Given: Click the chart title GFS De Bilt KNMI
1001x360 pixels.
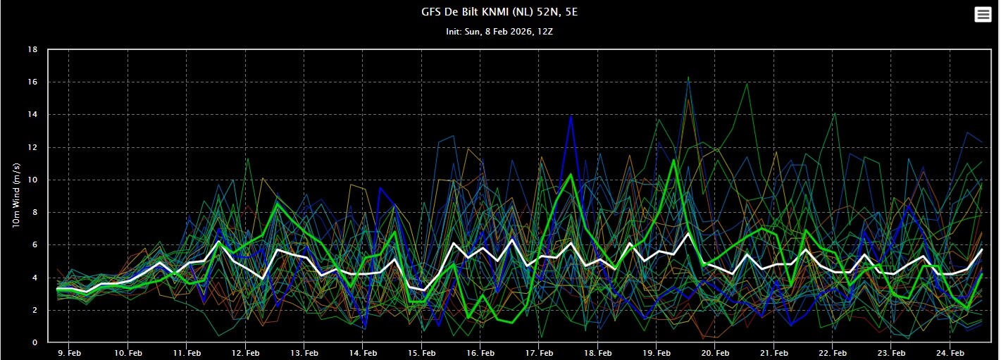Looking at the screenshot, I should coord(499,12).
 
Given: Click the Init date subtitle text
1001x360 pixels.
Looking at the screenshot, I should coord(499,32).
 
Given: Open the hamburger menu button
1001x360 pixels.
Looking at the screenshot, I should coord(983,15).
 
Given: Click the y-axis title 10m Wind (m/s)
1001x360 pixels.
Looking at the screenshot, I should coord(16,195).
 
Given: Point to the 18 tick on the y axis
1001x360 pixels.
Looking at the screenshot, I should coord(32,50).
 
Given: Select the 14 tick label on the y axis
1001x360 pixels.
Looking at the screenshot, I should coord(32,115).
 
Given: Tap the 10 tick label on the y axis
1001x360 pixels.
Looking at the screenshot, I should coord(32,180).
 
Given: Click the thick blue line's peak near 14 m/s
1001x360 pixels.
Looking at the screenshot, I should coord(571,116).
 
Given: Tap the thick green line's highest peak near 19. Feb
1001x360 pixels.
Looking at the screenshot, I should coord(674,160).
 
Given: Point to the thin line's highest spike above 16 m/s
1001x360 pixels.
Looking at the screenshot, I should coord(688,77).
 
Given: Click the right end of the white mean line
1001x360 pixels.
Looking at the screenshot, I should coord(982,250).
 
